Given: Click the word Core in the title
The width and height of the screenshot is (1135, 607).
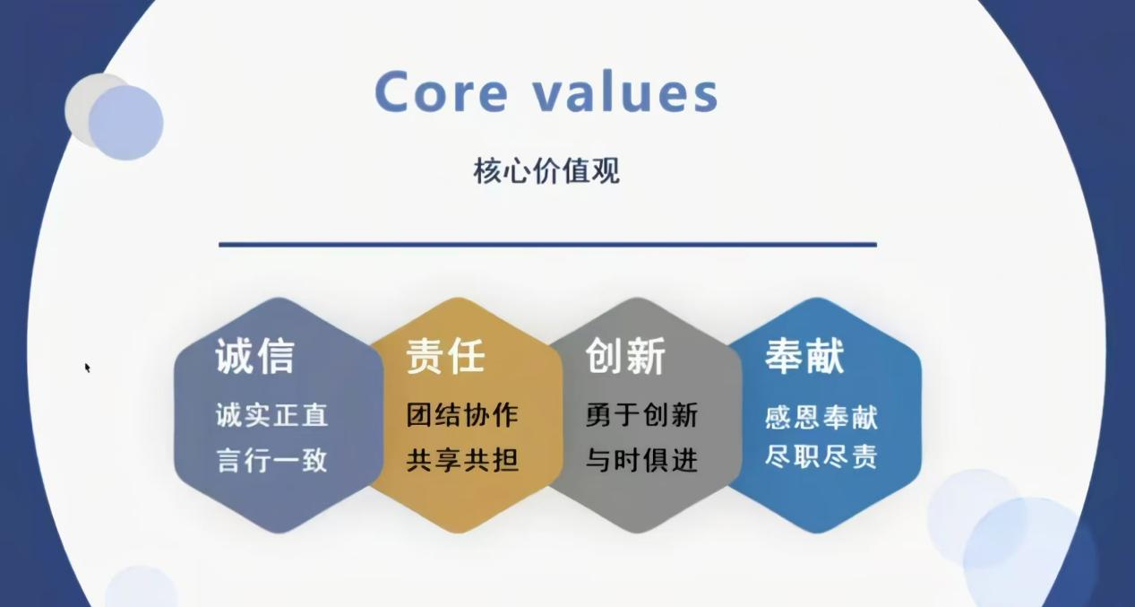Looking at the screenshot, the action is pyautogui.click(x=442, y=91).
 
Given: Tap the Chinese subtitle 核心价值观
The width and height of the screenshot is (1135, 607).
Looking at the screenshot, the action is pyautogui.click(x=546, y=171).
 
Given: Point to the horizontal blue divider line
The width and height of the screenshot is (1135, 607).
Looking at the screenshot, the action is pyautogui.click(x=547, y=245).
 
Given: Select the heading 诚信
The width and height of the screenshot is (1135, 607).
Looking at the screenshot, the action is pyautogui.click(x=255, y=356).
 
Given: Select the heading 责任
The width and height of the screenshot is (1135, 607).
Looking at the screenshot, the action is pyautogui.click(x=445, y=356).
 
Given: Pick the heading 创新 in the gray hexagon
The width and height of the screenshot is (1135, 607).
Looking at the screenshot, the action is pyautogui.click(x=625, y=356).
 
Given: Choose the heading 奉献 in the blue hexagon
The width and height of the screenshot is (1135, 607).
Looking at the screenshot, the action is pyautogui.click(x=804, y=356).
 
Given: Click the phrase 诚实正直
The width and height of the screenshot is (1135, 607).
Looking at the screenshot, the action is pyautogui.click(x=272, y=415).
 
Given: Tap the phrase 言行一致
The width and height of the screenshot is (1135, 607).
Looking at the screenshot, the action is pyautogui.click(x=272, y=461).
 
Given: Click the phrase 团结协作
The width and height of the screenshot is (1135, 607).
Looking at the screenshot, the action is pyautogui.click(x=462, y=415).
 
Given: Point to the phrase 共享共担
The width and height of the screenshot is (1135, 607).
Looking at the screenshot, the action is pyautogui.click(x=462, y=461).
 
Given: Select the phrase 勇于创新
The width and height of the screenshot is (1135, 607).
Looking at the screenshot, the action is pyautogui.click(x=642, y=415).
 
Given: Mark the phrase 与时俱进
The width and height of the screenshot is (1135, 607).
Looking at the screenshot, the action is pyautogui.click(x=642, y=461).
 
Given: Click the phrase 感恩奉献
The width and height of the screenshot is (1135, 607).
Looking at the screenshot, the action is pyautogui.click(x=821, y=417).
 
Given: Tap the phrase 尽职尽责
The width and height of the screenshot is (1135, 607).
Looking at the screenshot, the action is pyautogui.click(x=821, y=455).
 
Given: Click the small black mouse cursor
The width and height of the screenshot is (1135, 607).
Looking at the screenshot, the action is pyautogui.click(x=87, y=368).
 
